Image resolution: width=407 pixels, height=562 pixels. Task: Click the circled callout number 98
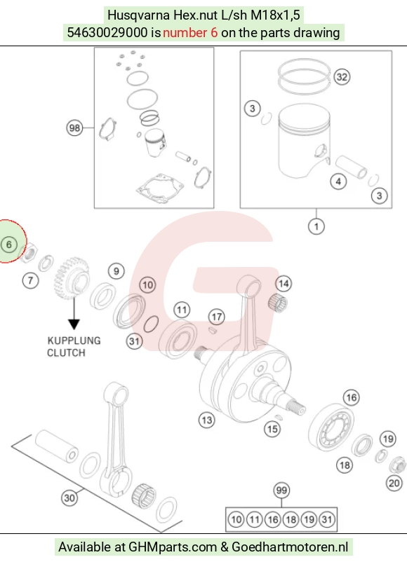[x=74, y=128]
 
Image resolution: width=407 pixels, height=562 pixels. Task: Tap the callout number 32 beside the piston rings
[x=342, y=76]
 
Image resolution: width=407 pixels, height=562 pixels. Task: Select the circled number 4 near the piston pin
[x=338, y=181]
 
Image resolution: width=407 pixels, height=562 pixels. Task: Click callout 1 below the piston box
[x=316, y=226]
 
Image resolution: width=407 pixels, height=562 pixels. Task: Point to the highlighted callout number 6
[x=9, y=245]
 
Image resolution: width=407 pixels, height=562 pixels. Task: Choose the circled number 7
[x=30, y=280]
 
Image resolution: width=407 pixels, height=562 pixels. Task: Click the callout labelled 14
[x=283, y=284]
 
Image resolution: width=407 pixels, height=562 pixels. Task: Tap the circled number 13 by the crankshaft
[x=207, y=420]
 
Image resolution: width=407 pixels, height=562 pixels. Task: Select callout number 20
[x=394, y=483]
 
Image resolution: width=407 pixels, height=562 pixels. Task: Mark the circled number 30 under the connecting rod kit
[x=69, y=498]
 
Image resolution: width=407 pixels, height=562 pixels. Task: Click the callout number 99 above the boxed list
[x=281, y=491]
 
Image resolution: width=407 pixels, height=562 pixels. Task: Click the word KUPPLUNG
[x=74, y=341]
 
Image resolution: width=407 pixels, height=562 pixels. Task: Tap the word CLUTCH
[x=67, y=352]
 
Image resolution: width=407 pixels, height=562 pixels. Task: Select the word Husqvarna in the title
[x=139, y=15]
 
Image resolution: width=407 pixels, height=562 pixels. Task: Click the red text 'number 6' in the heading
[x=190, y=33]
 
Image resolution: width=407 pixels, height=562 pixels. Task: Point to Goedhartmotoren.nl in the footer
[x=290, y=547]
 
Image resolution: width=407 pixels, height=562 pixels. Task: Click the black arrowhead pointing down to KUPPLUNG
[x=74, y=324]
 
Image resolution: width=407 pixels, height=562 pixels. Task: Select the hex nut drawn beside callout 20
[x=397, y=465]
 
